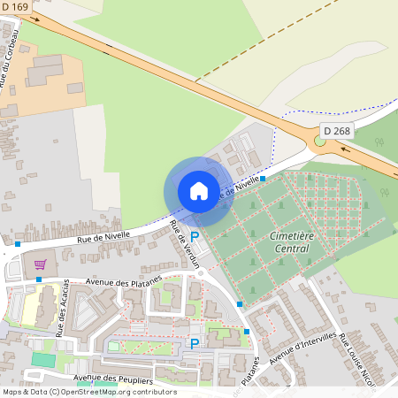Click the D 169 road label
click(15, 8)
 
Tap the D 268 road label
click(337, 131)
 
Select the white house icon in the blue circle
click(199, 191)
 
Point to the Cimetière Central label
click(291, 242)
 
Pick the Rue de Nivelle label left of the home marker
click(103, 236)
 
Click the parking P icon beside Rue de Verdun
click(195, 237)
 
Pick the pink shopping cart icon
click(40, 263)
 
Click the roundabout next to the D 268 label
click(320, 141)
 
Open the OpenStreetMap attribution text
click(88, 392)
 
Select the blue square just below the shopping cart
click(39, 279)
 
